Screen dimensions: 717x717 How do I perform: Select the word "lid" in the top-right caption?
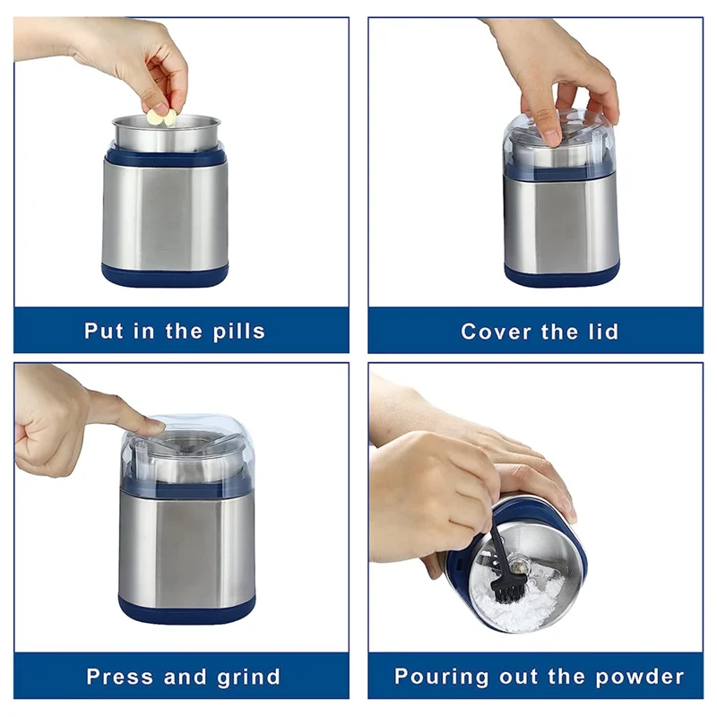[x=600, y=331]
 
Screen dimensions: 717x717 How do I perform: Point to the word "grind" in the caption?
[x=249, y=677]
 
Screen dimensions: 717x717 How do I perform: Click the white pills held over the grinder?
[x=160, y=117]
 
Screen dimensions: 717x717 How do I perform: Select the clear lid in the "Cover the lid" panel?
[x=560, y=139]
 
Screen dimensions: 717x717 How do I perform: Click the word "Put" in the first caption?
[x=104, y=331]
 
